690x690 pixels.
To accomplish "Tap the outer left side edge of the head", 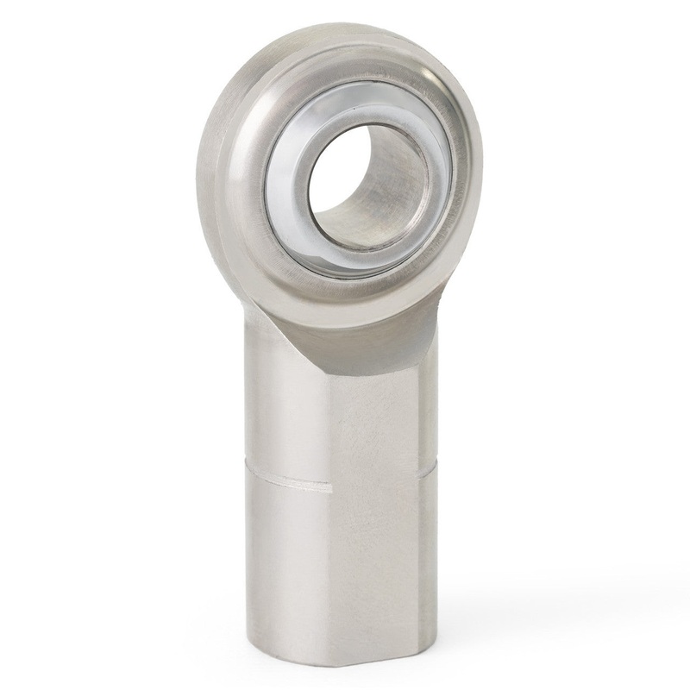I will [204, 172].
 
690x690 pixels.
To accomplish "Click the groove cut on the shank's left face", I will [285, 481].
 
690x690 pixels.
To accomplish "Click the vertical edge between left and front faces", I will [332, 561].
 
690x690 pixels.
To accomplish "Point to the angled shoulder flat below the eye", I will [371, 345].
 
